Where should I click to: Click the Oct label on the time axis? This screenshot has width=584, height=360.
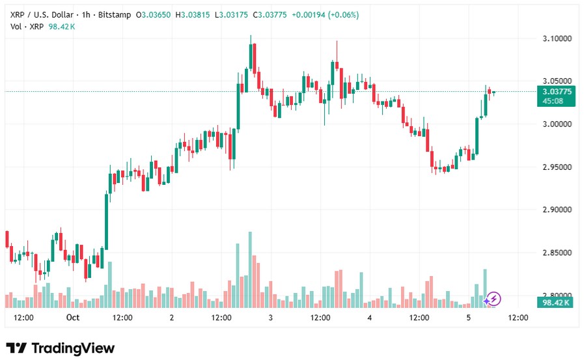click(x=72, y=318)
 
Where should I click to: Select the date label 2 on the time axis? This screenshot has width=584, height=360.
click(x=171, y=318)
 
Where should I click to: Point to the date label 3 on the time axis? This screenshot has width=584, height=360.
click(x=270, y=318)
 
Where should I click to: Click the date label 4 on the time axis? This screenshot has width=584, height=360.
click(x=369, y=318)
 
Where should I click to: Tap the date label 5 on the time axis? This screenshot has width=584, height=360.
click(x=468, y=318)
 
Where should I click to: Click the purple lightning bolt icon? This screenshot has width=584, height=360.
click(x=494, y=299)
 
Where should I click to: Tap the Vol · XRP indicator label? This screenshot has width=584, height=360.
click(x=26, y=26)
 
